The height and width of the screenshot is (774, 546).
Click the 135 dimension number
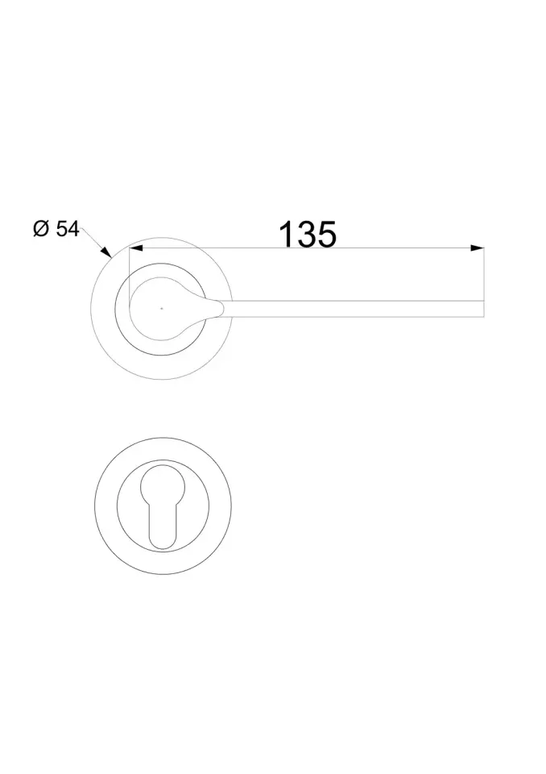point(308,234)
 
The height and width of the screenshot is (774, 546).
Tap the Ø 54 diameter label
point(56,229)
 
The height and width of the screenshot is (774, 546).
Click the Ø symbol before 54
point(41,229)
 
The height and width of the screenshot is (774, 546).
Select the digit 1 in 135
point(287,234)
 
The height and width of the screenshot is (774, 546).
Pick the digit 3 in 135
point(307,234)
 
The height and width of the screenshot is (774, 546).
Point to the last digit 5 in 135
point(328,234)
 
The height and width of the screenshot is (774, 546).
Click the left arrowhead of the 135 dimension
point(135,248)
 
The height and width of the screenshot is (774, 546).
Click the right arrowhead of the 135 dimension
point(477,248)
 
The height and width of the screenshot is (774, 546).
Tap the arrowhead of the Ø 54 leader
point(105,252)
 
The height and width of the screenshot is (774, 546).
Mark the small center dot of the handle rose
point(161,309)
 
